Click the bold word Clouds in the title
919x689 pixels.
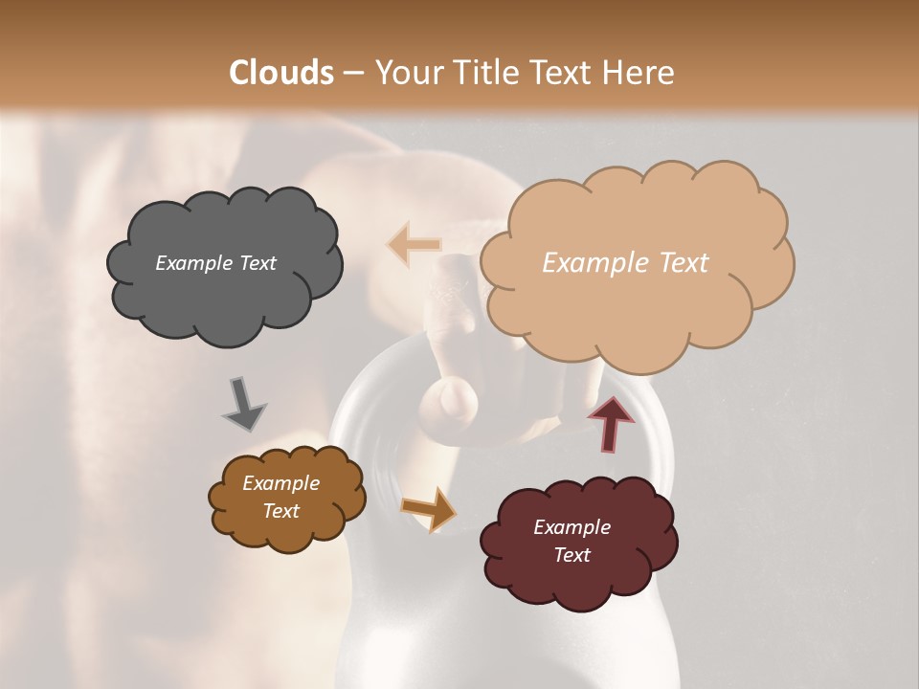click(281, 73)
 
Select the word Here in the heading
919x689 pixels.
click(638, 73)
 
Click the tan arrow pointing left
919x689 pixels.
click(415, 244)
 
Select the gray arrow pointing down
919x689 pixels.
click(244, 404)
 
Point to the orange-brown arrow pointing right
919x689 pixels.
click(430, 508)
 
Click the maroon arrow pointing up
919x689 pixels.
click(611, 423)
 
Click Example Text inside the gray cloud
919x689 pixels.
click(215, 263)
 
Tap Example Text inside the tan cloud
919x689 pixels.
click(625, 263)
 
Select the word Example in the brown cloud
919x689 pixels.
click(280, 483)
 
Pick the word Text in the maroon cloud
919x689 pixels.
click(572, 555)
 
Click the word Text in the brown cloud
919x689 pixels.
click(280, 511)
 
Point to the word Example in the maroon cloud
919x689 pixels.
click(572, 527)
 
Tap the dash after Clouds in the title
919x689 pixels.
click(352, 73)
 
